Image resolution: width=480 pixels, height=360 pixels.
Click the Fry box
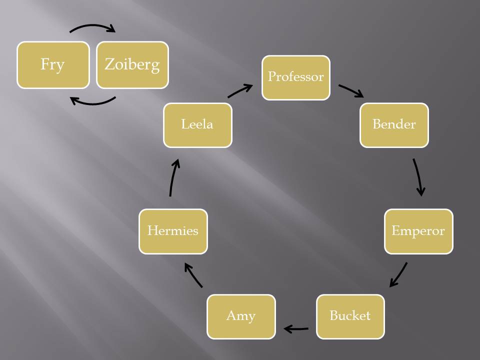click(53, 65)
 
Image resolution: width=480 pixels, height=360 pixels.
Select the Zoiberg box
click(132, 65)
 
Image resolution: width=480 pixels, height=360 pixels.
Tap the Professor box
click(296, 77)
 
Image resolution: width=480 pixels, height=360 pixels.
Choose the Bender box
click(394, 125)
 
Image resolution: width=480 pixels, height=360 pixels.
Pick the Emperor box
click(418, 231)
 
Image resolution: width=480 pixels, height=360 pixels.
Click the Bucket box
click(350, 316)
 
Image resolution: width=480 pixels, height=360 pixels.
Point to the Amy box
click(241, 316)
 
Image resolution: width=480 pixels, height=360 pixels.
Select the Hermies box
click(173, 231)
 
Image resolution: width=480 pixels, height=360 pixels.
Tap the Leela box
click(197, 125)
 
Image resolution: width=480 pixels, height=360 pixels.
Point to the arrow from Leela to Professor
click(240, 91)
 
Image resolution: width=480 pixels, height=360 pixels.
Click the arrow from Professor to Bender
click(351, 90)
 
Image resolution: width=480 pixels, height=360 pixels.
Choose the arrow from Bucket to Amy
click(296, 329)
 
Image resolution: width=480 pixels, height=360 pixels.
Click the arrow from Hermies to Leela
click(173, 177)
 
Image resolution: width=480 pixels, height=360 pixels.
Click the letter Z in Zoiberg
click(109, 64)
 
